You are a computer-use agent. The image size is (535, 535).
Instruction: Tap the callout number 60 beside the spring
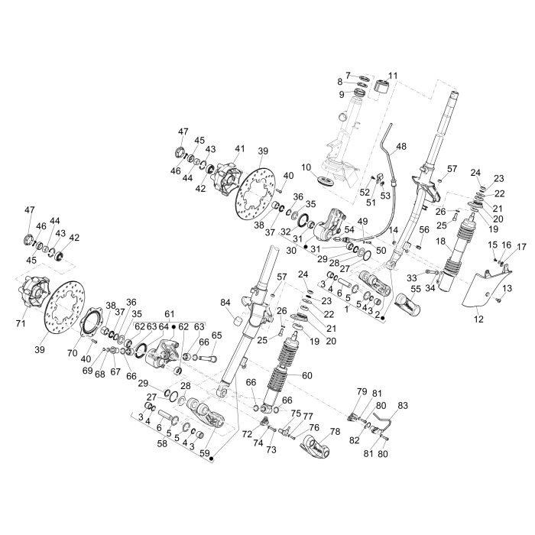point(307,375)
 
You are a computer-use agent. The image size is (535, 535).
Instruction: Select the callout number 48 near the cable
point(402,146)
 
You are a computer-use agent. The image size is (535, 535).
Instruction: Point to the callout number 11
point(394,75)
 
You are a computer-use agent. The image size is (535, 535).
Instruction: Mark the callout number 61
point(169,313)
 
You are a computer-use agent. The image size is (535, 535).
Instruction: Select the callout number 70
point(73,353)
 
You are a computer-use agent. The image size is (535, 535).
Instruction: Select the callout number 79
point(362,391)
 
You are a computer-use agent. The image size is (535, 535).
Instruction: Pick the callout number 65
point(216,336)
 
